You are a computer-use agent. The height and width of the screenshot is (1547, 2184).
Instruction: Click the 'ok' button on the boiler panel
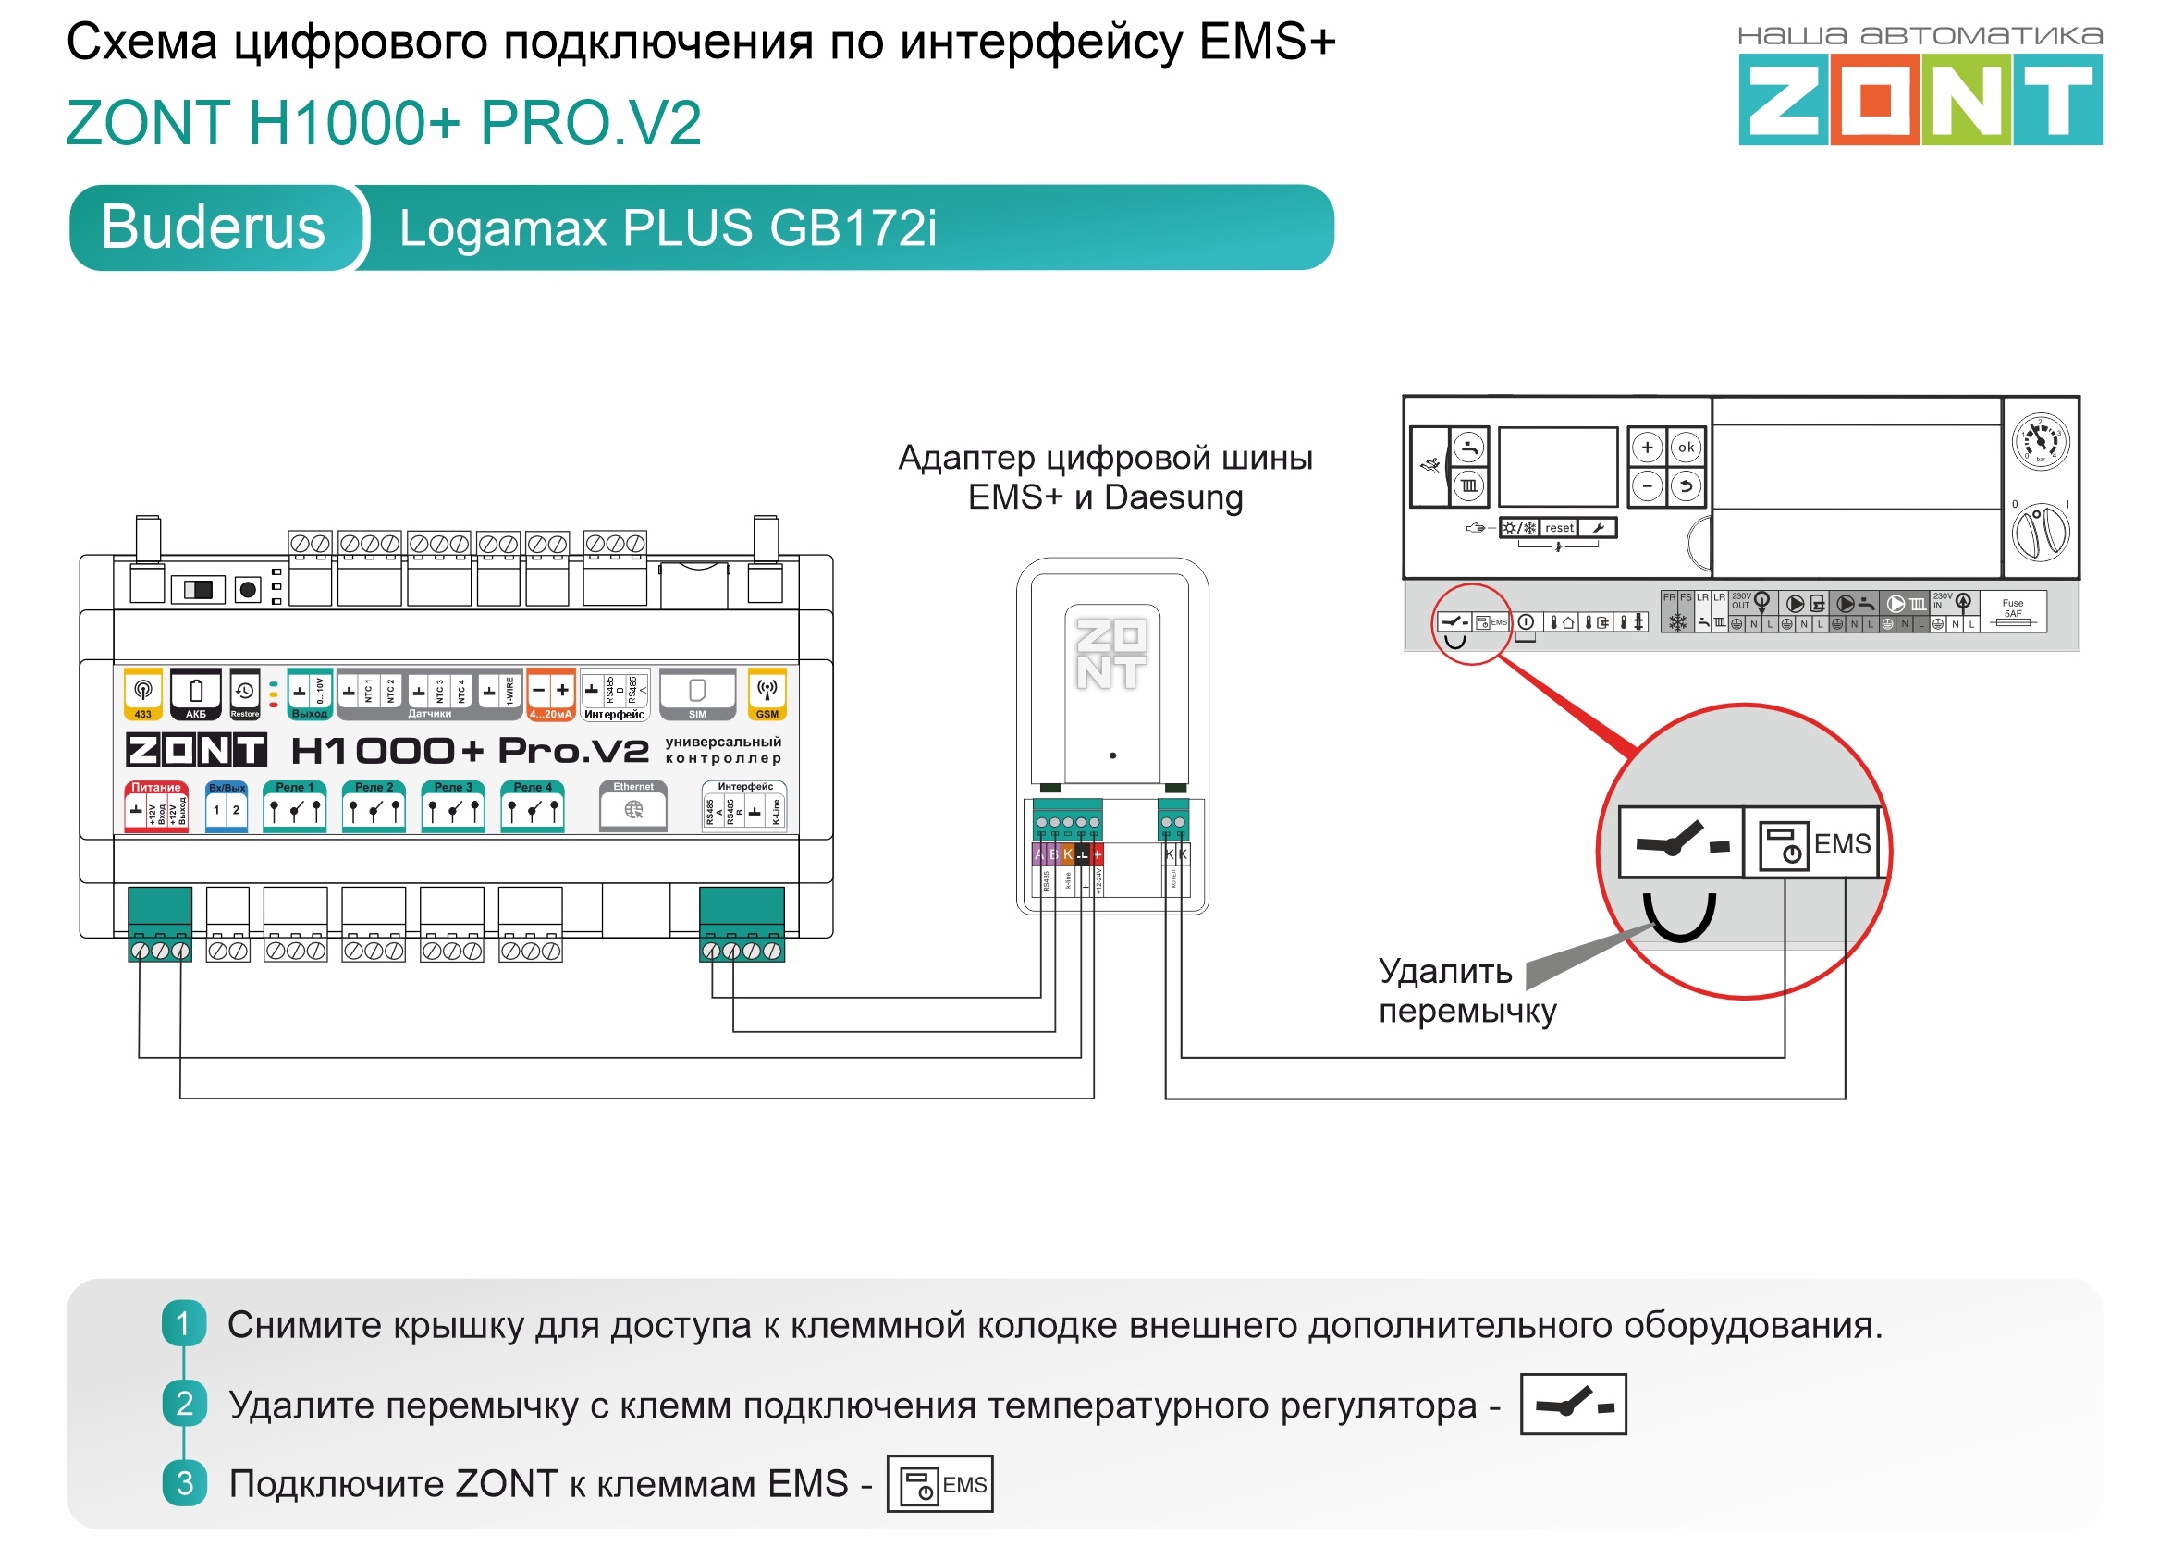pos(1686,447)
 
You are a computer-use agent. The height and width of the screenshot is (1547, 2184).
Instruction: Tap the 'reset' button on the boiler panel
pos(1559,528)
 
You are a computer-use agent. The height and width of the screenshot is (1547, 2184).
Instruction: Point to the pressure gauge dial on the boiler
pos(2040,441)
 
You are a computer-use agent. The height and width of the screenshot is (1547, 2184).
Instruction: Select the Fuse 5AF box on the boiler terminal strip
pos(2013,610)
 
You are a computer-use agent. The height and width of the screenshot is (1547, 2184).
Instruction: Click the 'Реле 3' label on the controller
pos(453,788)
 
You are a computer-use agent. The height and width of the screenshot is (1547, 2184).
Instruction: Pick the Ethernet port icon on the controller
pos(633,810)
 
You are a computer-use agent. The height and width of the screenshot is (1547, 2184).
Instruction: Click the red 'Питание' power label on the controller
pos(156,788)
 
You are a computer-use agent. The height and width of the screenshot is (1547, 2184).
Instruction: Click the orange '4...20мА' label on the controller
pos(550,714)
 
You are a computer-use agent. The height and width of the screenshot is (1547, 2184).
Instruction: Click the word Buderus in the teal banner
pos(214,227)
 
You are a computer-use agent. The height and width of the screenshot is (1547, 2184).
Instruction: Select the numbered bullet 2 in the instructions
pos(185,1403)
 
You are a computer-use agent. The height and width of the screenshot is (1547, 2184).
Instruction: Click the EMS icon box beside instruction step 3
pos(939,1484)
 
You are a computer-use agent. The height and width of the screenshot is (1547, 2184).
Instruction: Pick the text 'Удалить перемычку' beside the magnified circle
pos(1466,990)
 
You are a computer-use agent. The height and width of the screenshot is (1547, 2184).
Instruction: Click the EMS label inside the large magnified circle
pos(1841,844)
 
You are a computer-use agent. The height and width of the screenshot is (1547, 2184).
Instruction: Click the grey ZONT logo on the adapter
pos(1110,655)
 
